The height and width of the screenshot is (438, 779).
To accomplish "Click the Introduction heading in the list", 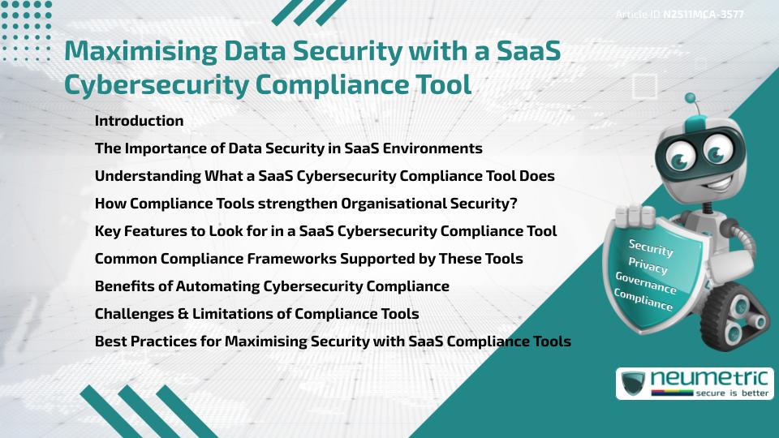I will coord(139,121).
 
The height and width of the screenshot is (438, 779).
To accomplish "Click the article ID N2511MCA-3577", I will coord(702,14).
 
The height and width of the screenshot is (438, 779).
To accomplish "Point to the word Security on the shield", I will coord(651,247).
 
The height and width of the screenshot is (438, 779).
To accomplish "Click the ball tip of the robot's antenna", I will coord(691,98).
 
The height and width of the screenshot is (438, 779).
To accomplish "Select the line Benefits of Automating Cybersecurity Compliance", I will coord(272,286).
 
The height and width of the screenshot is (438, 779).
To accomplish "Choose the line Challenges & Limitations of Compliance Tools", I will coord(256,314).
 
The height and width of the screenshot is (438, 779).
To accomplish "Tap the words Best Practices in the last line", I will coord(139,341).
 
